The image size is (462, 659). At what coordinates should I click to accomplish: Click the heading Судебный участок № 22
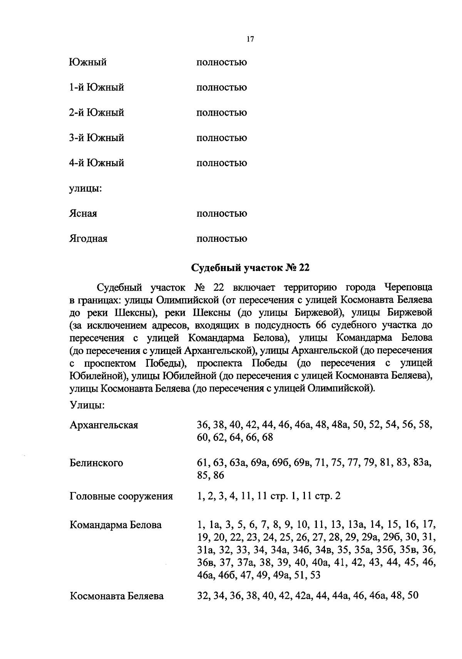250,268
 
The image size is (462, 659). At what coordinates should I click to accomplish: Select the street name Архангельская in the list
104,425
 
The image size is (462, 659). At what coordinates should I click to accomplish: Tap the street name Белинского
96,463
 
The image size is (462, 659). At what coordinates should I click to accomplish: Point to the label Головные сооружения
121,496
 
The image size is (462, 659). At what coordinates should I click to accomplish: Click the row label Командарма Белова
115,525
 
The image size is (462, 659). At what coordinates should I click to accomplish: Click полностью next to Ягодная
222,239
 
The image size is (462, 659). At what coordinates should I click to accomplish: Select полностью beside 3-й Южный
222,138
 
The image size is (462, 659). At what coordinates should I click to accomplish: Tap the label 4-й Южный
97,163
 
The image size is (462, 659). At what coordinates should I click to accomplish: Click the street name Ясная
83,213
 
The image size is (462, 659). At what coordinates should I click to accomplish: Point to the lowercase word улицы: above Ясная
85,189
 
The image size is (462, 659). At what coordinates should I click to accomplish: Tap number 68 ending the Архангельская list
267,438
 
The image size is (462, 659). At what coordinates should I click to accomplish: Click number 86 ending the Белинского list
218,475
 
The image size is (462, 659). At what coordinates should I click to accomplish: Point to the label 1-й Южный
97,87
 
